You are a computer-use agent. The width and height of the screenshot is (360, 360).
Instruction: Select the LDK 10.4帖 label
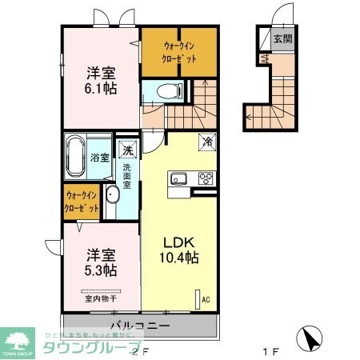(182, 250)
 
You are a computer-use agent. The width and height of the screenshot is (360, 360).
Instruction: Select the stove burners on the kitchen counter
(206, 178)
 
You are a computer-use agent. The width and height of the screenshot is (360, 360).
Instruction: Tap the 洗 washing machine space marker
(127, 149)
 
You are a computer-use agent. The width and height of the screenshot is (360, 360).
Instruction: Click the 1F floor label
(270, 350)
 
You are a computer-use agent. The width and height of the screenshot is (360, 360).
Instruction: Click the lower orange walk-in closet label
(82, 201)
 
